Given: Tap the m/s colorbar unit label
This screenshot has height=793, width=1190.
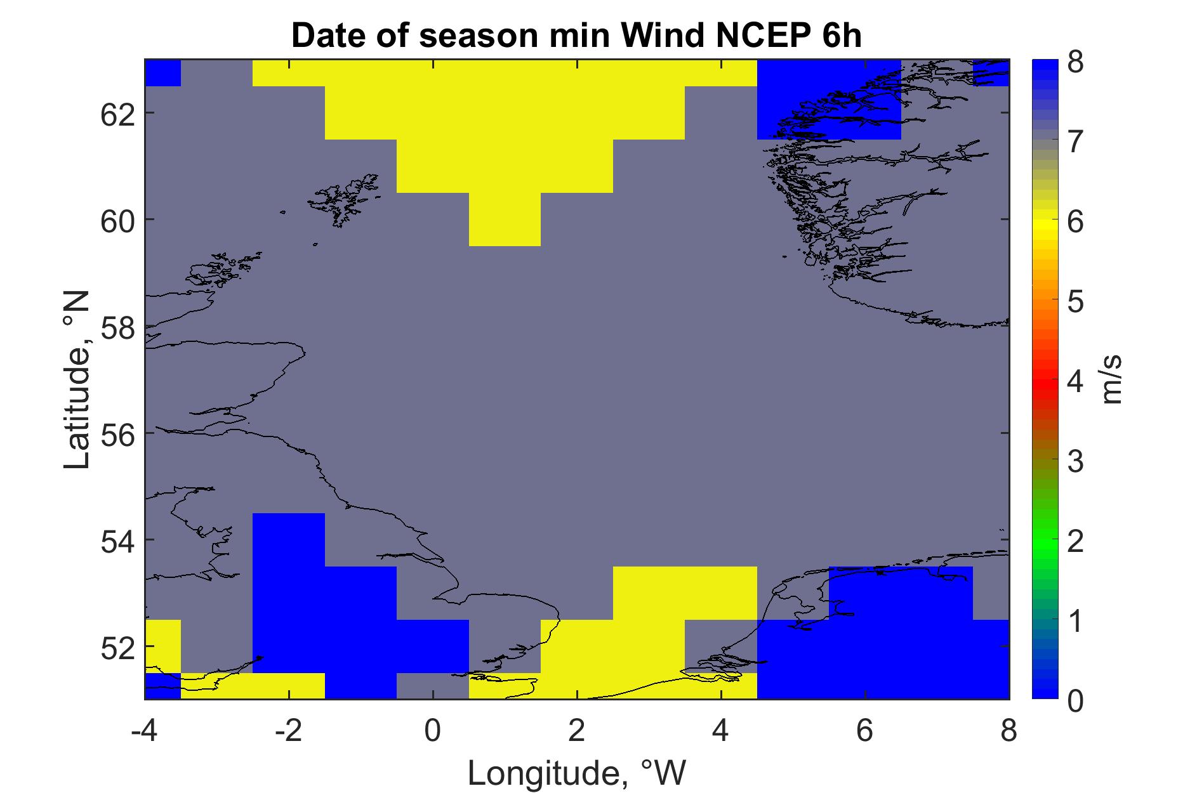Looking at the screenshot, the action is [1113, 380].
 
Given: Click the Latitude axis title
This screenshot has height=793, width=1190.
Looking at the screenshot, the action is [77, 381].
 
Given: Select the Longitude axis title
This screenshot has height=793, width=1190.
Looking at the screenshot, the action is [577, 773].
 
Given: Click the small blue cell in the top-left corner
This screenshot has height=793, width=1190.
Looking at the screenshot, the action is [163, 73].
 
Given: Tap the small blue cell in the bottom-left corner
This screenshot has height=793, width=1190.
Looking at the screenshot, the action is [163, 686].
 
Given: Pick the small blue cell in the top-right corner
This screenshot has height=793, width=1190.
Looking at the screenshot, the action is [991, 73].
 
